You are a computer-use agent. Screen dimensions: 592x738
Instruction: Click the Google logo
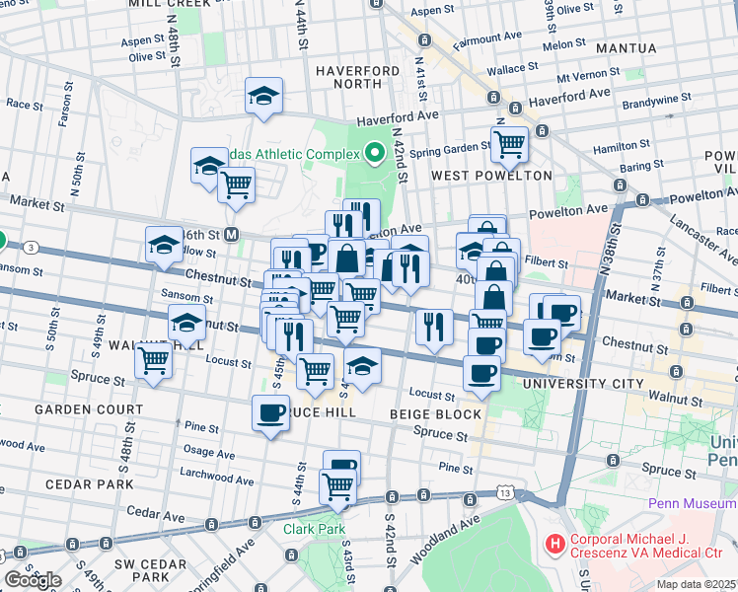coord(33,580)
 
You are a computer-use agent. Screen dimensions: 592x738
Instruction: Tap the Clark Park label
coord(314,529)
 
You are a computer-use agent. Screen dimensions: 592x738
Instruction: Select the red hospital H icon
coord(554,543)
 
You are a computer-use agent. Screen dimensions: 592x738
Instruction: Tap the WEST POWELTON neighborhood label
coord(491,175)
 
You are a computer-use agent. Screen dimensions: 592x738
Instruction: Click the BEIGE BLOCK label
coord(435,414)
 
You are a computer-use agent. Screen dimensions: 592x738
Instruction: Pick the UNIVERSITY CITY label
coord(575,383)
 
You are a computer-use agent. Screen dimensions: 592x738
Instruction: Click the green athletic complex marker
coord(374,153)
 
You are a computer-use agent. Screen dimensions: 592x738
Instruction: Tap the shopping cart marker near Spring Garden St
coord(509,144)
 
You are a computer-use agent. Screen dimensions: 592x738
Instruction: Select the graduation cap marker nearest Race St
coord(263,96)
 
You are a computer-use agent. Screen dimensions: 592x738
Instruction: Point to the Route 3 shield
coord(33,247)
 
